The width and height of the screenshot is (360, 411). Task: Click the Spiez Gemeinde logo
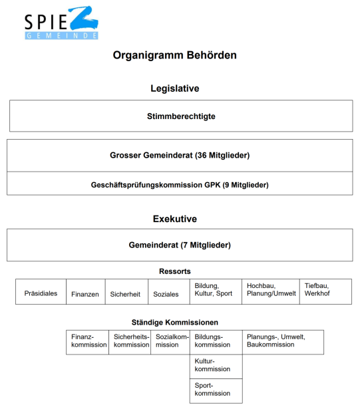61,24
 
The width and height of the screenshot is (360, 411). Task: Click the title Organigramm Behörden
174,55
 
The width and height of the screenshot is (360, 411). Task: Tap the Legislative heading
175,88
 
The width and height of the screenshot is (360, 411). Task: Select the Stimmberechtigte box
181,116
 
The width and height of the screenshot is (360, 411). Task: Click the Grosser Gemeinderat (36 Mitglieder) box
180,156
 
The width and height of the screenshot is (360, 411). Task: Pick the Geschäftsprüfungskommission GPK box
180,184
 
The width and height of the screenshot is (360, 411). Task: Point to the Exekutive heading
175,219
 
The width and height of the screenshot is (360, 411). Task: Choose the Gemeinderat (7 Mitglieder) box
180,245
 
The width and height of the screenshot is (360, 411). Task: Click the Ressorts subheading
175,271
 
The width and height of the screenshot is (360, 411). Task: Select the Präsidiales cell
41,293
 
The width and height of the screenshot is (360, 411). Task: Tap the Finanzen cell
85,293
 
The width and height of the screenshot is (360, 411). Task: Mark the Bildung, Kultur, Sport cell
214,291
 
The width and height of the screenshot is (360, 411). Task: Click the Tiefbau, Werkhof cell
325,291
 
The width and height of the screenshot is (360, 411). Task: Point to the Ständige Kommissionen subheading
175,322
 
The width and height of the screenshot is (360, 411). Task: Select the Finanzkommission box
87,341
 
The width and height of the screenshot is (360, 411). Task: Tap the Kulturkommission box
216,366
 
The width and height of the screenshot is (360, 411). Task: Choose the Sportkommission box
216,390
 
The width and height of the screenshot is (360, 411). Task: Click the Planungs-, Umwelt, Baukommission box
283,341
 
